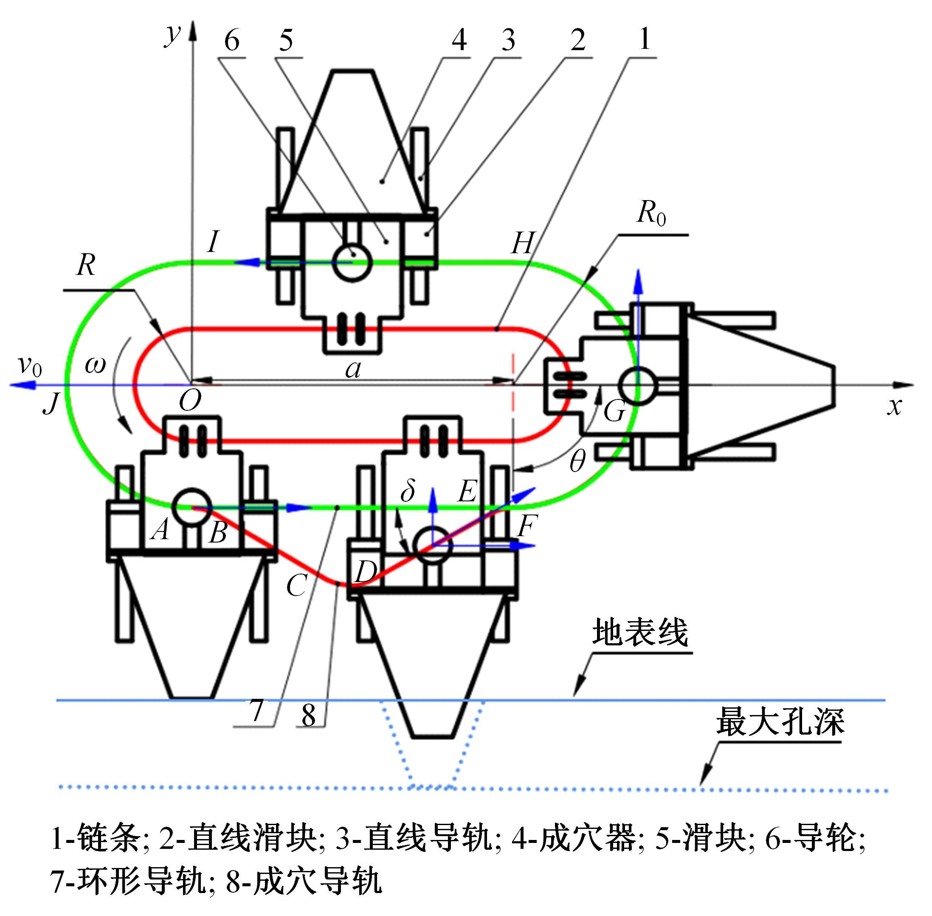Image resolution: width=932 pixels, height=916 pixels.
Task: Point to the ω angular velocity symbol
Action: point(95,365)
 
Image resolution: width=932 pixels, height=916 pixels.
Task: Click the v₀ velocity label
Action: point(30,367)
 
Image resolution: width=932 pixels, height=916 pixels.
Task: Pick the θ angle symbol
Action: point(577,462)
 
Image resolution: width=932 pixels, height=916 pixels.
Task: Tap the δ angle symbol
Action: point(408,490)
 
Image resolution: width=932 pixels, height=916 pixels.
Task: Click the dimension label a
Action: point(353,370)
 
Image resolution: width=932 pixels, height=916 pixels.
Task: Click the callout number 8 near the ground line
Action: point(308,715)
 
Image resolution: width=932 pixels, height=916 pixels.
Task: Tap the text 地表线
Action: point(639,632)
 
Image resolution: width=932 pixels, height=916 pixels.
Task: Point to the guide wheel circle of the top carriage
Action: point(353,262)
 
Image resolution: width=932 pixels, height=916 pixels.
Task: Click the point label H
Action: point(522,243)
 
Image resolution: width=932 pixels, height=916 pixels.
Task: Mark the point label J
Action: point(51,403)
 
